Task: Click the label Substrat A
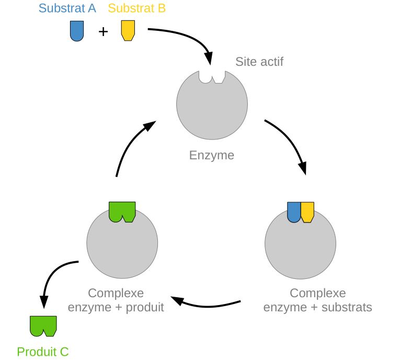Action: click(67, 8)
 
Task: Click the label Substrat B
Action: click(137, 8)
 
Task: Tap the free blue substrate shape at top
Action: click(76, 31)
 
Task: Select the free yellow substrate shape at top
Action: click(127, 31)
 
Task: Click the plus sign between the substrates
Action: click(103, 32)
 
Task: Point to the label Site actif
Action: click(259, 62)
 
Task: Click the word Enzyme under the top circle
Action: click(212, 155)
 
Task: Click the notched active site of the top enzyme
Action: click(212, 77)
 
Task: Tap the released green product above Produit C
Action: click(43, 325)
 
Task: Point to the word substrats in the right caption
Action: click(347, 307)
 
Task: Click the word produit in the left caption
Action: click(141, 307)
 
